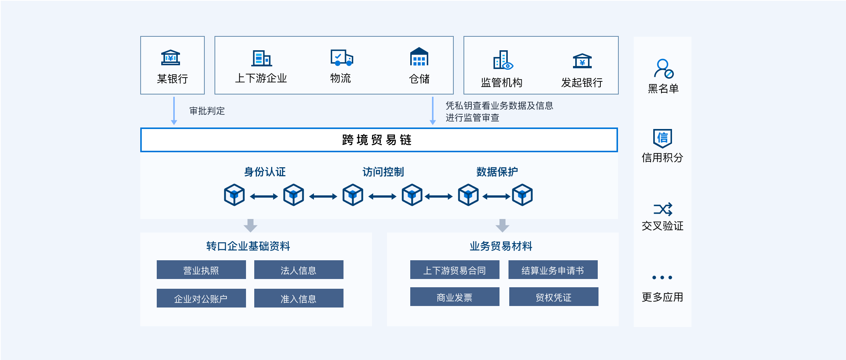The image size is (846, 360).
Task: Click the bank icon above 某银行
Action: tap(171, 58)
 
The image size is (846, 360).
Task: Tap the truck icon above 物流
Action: tap(342, 57)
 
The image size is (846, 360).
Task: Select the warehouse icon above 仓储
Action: tap(419, 57)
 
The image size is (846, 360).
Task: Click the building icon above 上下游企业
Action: tap(261, 58)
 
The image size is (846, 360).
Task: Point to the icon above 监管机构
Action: tap(503, 60)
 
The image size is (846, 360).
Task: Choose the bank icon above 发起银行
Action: tap(582, 61)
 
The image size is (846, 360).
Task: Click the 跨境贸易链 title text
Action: tap(377, 140)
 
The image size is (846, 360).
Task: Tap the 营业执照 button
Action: tap(201, 270)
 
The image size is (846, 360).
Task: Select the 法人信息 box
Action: tap(299, 270)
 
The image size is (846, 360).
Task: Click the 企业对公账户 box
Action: tap(201, 298)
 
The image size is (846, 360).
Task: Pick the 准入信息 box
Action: tap(299, 298)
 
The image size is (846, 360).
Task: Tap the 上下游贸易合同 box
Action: tap(455, 270)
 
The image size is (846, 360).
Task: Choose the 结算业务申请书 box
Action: tap(553, 270)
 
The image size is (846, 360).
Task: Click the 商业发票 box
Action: tap(455, 297)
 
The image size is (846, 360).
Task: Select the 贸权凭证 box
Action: tap(554, 297)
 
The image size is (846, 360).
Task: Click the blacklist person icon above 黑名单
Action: tap(663, 68)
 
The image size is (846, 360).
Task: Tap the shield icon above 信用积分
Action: tap(663, 138)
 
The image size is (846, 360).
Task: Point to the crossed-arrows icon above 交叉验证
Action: tap(663, 210)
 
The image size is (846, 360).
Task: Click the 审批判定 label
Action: tap(207, 111)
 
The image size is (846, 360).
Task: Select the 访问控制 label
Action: tap(383, 172)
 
